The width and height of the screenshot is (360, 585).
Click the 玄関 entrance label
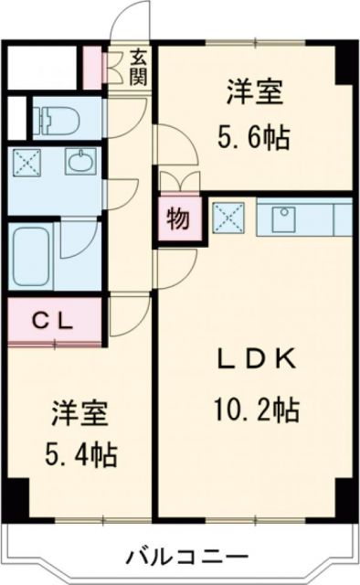(138, 66)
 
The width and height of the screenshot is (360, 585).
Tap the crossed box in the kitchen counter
(228, 218)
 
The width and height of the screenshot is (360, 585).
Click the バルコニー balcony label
(185, 555)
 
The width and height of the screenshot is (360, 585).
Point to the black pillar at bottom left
(13, 498)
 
